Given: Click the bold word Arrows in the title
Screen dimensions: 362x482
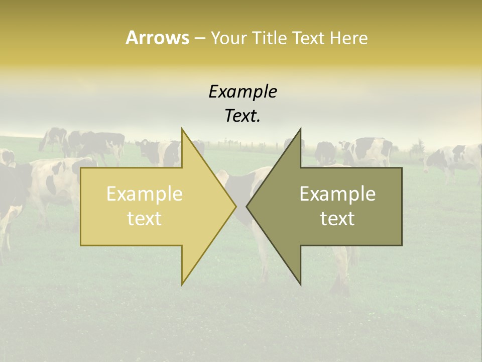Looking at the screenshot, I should click(x=157, y=38).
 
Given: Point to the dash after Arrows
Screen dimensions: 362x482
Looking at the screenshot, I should click(x=199, y=38).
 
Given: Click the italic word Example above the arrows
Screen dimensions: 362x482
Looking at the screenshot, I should click(x=243, y=92).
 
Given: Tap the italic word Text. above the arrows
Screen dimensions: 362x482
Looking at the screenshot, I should click(x=243, y=116).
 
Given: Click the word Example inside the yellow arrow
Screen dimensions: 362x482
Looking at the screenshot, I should click(x=145, y=194).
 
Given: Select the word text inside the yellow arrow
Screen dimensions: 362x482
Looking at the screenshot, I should click(x=145, y=219).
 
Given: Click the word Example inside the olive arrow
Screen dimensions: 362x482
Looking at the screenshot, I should click(x=337, y=194).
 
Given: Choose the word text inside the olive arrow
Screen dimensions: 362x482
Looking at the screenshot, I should click(x=337, y=219).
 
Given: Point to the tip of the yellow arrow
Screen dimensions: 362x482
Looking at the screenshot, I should click(x=235, y=206).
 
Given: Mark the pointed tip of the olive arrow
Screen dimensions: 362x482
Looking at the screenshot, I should click(x=247, y=206).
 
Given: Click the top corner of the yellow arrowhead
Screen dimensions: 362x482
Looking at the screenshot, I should click(x=182, y=129).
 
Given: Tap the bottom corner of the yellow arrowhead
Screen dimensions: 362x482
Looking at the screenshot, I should click(x=182, y=284).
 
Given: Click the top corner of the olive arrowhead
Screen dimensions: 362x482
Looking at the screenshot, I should click(x=301, y=129).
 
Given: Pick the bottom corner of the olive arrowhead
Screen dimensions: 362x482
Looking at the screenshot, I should click(x=301, y=284).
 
